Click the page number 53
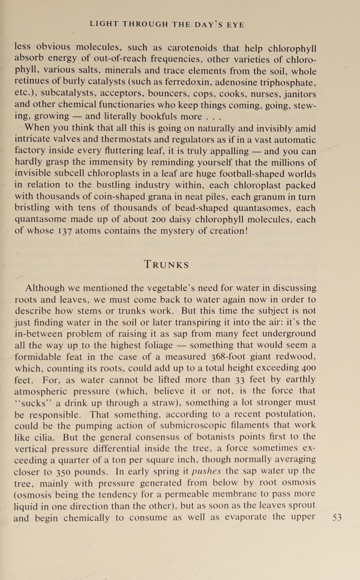click(x=337, y=518)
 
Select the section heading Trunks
click(x=166, y=265)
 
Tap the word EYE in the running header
click(x=235, y=25)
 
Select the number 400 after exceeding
click(x=308, y=368)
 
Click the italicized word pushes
click(x=206, y=471)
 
